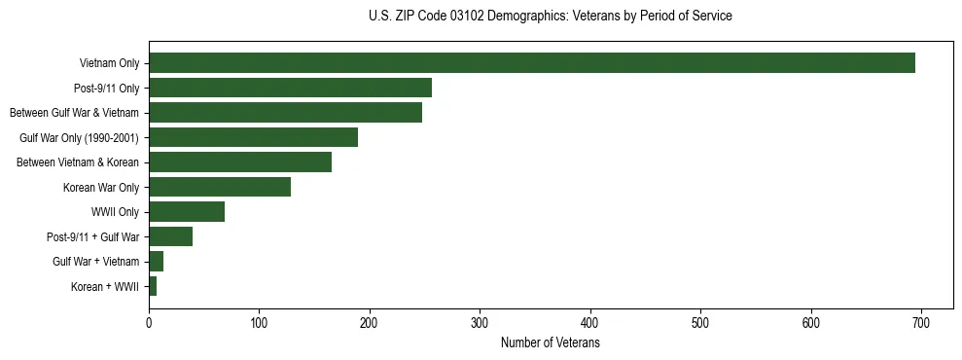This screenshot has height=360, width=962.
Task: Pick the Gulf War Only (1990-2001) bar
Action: click(253, 137)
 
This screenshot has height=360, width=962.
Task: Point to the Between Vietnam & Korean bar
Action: click(240, 162)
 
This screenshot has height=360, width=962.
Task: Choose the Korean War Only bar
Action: click(220, 187)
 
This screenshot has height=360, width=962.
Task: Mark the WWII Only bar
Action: click(187, 212)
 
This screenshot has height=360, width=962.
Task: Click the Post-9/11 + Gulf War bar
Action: click(170, 236)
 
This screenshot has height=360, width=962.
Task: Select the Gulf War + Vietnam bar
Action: click(156, 262)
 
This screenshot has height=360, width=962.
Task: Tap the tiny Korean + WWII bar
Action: click(153, 286)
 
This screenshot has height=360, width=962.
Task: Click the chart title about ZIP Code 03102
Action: click(551, 17)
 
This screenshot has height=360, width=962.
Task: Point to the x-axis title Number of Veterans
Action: click(551, 343)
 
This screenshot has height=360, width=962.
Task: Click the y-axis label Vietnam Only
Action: click(109, 63)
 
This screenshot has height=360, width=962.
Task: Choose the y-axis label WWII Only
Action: click(115, 212)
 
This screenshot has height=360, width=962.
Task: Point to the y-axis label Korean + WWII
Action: click(105, 287)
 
